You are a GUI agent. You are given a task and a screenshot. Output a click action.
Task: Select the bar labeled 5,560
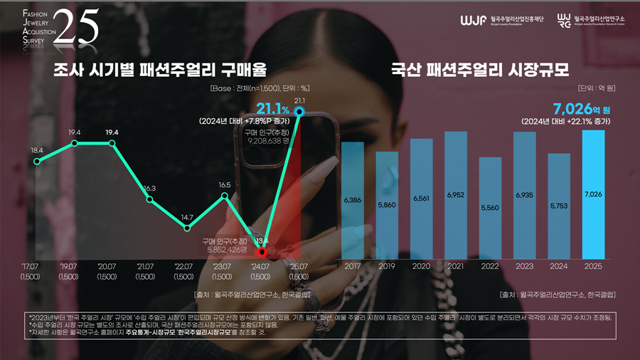tap(490, 208)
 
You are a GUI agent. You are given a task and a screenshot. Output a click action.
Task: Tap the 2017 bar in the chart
tap(353, 200)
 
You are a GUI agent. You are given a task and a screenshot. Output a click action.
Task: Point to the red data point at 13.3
tap(262, 252)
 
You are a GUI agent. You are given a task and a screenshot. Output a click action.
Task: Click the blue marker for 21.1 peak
tap(299, 112)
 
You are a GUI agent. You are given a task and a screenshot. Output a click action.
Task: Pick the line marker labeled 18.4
tap(37, 162)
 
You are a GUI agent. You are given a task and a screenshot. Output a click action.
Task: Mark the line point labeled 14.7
tap(186, 228)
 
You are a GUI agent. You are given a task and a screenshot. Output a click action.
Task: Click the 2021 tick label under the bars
tap(456, 265)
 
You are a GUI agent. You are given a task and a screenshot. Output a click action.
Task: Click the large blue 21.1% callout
tap(272, 109)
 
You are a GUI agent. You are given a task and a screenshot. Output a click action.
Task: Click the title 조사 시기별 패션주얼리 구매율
tap(160, 70)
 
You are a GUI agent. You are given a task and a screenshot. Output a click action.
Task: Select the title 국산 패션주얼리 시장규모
tap(480, 70)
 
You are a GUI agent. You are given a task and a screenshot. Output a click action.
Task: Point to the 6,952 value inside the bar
tap(456, 194)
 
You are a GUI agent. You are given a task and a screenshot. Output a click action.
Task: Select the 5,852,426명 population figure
tap(226, 249)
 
